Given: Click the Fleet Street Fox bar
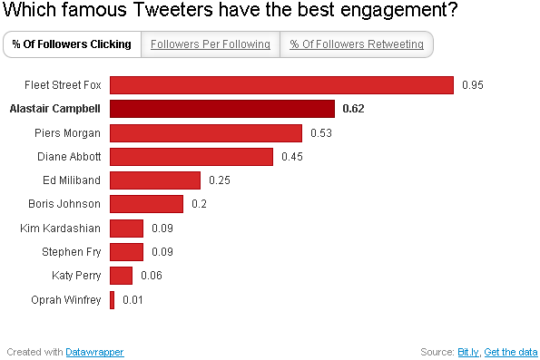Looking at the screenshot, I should click(x=281, y=85).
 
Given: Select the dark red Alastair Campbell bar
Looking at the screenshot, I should click(x=222, y=109).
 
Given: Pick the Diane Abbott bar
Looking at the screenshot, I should click(x=191, y=157).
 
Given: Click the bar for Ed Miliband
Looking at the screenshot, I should click(x=155, y=180).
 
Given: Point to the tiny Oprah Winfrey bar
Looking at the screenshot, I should click(x=113, y=299).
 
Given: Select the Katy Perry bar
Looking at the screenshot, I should click(x=122, y=275).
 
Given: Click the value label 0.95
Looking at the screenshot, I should click(x=473, y=85).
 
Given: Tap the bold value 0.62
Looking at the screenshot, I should click(x=354, y=109).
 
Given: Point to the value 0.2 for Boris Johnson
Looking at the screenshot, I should click(x=199, y=204).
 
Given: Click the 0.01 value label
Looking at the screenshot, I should click(x=133, y=299).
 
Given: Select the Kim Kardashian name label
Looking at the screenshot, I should click(x=60, y=228).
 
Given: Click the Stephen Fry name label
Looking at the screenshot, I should click(x=71, y=251).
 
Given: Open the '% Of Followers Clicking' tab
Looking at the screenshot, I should click(x=71, y=44).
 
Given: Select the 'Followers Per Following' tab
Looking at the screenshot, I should click(x=211, y=44).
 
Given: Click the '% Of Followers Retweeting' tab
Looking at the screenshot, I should click(x=356, y=44).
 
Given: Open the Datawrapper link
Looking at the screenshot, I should click(x=94, y=351).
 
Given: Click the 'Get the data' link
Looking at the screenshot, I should click(x=511, y=351).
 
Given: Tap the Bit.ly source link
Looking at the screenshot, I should click(x=468, y=351).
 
